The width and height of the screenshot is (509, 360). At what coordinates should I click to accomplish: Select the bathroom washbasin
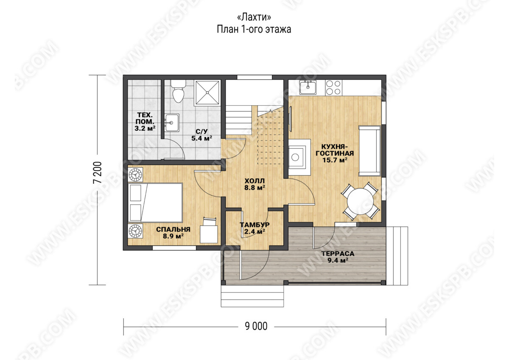pos(172,123)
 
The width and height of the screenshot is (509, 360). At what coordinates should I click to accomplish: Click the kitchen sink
pos(308,87)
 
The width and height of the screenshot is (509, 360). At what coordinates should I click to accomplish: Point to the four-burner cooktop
pos(333,87)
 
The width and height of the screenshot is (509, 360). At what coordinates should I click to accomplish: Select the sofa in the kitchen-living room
pos(369,151)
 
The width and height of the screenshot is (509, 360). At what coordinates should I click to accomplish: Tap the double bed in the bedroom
pos(155,202)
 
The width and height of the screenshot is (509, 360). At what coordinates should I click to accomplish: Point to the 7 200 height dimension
pos(97,172)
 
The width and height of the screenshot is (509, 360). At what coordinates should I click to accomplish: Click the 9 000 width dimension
pos(256,326)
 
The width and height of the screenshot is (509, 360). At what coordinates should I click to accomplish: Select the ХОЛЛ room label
pos(255,181)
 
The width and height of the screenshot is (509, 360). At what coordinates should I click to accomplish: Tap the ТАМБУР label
pos(255,225)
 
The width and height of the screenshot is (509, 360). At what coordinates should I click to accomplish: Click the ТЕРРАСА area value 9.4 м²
pos(338,260)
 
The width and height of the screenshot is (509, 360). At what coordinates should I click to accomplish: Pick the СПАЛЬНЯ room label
pos(173,230)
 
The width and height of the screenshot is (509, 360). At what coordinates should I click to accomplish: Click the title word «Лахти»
pos(254,17)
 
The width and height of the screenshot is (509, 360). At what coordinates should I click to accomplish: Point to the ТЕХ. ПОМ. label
pos(145,118)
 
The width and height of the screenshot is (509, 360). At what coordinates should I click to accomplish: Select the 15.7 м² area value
pos(335,160)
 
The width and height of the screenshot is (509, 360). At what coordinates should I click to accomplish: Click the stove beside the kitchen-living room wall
pos(299,157)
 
